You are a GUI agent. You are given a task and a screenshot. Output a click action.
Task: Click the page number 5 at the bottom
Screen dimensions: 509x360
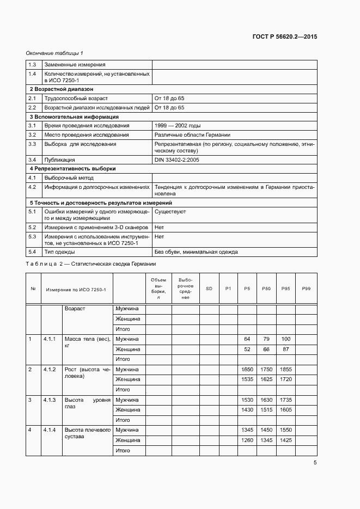315,463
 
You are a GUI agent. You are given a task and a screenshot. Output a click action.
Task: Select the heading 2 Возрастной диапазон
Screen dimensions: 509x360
61,88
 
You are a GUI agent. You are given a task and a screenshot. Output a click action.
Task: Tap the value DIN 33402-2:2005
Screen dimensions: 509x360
177,160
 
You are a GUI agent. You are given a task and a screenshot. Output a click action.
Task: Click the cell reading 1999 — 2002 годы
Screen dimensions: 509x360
178,125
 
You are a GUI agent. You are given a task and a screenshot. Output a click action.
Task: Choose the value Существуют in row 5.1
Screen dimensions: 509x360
170,211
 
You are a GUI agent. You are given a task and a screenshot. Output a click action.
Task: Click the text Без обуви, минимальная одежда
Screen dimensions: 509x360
196,252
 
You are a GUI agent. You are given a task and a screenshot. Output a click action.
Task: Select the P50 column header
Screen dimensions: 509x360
266,289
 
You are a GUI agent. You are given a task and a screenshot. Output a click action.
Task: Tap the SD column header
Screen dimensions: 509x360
209,289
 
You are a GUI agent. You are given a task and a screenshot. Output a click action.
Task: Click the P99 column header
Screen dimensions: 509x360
306,289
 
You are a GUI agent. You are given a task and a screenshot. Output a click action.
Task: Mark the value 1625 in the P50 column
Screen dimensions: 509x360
266,379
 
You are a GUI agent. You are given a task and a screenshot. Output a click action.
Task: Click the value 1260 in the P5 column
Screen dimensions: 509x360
247,440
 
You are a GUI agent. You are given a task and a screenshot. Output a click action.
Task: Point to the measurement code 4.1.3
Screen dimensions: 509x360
50,400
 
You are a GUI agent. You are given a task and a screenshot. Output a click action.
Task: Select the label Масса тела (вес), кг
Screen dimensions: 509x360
87,342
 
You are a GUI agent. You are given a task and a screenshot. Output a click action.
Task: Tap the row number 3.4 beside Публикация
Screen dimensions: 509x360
32,160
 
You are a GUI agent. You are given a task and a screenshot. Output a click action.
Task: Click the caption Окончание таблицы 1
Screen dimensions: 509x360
54,53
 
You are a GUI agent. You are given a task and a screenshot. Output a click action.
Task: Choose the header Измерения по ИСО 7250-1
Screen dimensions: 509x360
76,289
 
